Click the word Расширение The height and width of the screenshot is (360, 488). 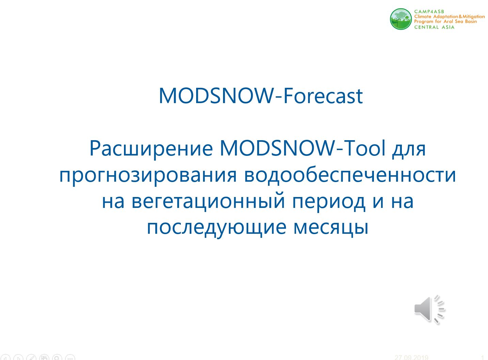coord(151,149)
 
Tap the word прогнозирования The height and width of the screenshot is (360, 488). coord(148,176)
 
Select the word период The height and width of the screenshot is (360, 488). coord(329,202)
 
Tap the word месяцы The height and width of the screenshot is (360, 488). coord(331,228)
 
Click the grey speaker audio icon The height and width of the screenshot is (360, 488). coord(429,309)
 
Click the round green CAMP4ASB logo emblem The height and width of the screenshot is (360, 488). coord(401,19)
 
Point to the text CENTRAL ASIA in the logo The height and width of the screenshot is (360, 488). coord(434,27)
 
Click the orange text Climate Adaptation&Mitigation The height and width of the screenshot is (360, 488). coord(449,17)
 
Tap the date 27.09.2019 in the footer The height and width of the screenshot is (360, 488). coord(411,357)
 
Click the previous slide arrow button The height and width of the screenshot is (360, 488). coord(5,358)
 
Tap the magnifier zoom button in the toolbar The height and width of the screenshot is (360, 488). coord(57,358)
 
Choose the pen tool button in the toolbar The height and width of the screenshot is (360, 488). coord(31,358)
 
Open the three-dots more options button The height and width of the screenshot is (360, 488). coord(70,358)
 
